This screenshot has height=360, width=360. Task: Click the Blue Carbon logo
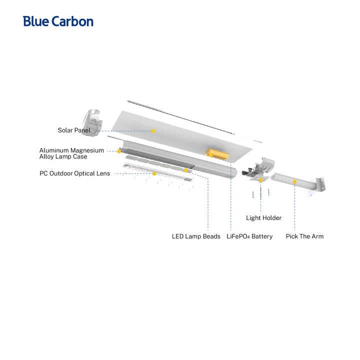tap(58, 21)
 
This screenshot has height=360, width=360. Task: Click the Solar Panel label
tap(74, 130)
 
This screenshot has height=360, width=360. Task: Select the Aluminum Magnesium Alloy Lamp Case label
tap(71, 153)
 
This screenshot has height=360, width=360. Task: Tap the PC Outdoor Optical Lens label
tap(75, 173)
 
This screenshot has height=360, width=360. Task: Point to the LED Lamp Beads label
tap(196, 236)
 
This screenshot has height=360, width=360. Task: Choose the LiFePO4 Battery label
tap(249, 236)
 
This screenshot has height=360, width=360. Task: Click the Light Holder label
tap(263, 218)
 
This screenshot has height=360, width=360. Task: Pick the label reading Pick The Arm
tap(304, 236)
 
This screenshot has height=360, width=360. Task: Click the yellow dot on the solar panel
tap(153, 131)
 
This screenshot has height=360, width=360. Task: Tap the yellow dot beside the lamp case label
tap(119, 151)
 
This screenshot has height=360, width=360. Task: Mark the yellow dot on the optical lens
tap(154, 173)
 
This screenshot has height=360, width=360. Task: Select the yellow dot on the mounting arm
tap(294, 182)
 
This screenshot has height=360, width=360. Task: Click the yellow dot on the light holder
tap(261, 180)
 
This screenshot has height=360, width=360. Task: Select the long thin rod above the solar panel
tap(181, 117)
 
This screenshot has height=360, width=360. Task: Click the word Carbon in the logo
tap(72, 21)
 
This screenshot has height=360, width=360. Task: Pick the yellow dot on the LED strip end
tap(186, 170)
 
